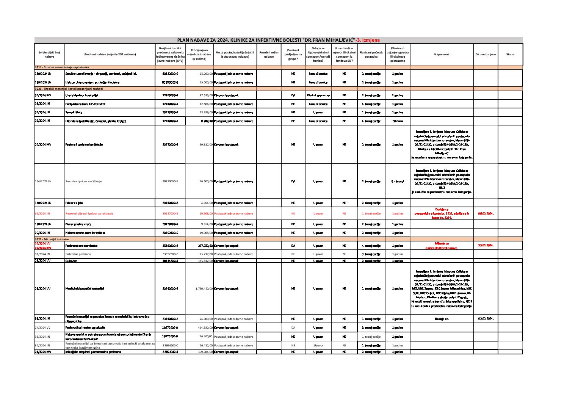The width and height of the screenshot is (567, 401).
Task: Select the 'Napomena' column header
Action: click(442, 55)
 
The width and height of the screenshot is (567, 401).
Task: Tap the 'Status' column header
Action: click(510, 55)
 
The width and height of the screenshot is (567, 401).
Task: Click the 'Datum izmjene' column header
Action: click(486, 55)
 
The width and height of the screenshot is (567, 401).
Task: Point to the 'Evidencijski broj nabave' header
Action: click(49, 55)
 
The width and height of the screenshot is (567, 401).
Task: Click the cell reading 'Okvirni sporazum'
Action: click(318, 96)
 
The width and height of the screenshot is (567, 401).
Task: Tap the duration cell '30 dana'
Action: click(398, 121)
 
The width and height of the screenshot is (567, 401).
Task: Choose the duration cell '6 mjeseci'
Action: click(398, 181)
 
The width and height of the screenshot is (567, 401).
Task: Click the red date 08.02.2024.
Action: click(486, 214)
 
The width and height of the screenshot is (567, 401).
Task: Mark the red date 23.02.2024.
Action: click(486, 246)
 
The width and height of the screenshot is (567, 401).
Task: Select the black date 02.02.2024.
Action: click(486, 319)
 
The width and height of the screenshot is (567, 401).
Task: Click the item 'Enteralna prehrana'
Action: click(78, 254)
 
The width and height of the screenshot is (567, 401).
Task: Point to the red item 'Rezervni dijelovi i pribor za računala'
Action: click(89, 214)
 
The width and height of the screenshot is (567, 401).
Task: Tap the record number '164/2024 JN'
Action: click(43, 181)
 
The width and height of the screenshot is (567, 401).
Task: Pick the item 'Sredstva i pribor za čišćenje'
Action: click(83, 181)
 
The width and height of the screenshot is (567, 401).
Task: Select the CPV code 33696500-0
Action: click(170, 346)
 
